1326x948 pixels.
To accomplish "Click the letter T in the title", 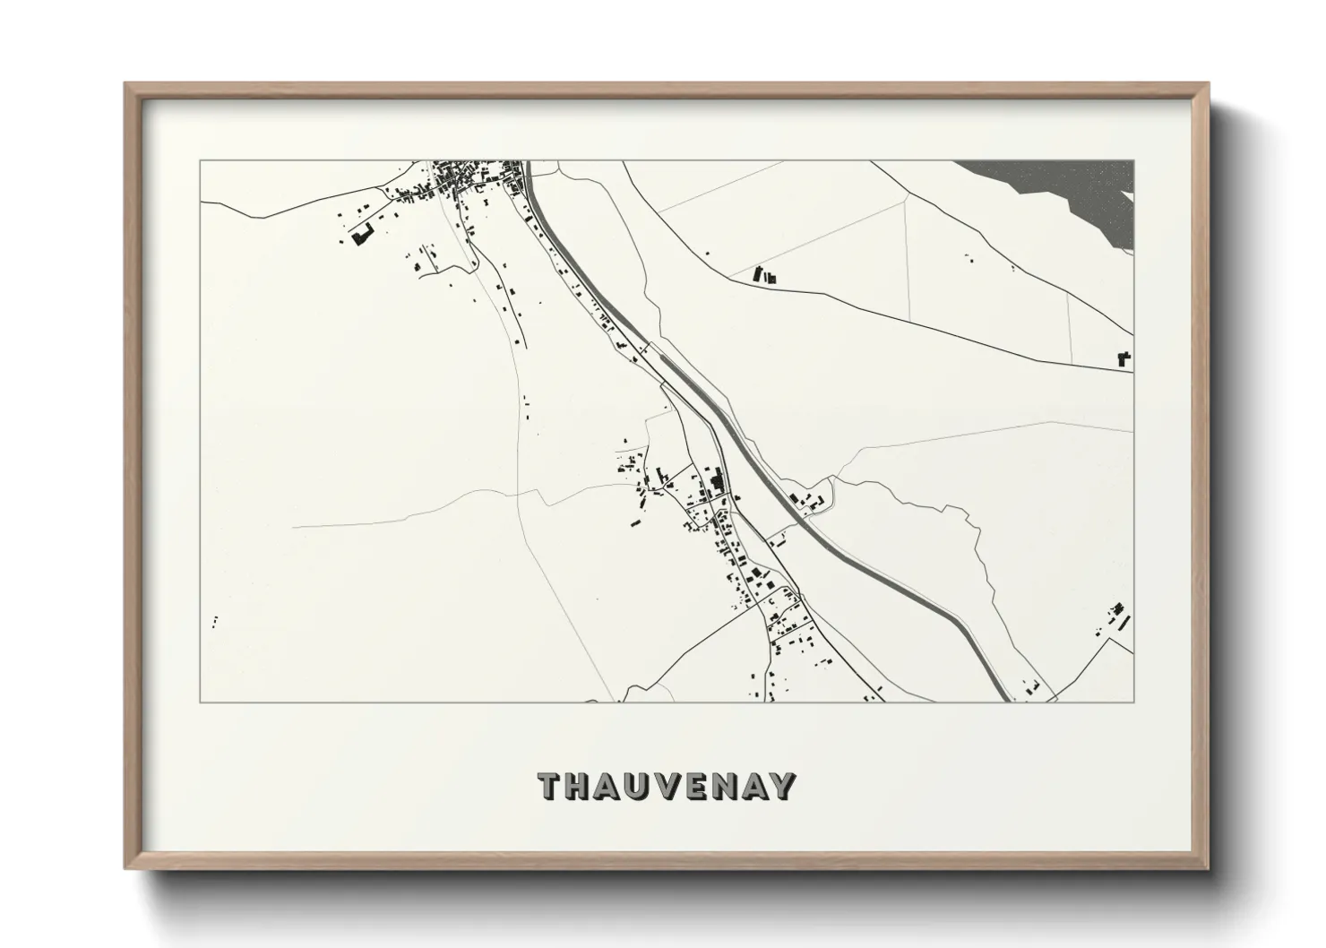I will (x=550, y=786).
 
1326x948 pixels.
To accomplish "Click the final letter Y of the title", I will (x=783, y=786).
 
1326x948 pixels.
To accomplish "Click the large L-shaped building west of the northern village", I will (x=361, y=236).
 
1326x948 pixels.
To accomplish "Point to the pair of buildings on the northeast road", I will (x=763, y=276).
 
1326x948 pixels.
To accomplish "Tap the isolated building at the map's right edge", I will (x=1124, y=358).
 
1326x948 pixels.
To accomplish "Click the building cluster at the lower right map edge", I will (x=1115, y=618).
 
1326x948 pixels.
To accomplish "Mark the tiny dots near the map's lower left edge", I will (x=215, y=620).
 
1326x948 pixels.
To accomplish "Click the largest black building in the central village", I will (x=716, y=483).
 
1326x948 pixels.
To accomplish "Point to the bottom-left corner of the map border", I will (x=200, y=702).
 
